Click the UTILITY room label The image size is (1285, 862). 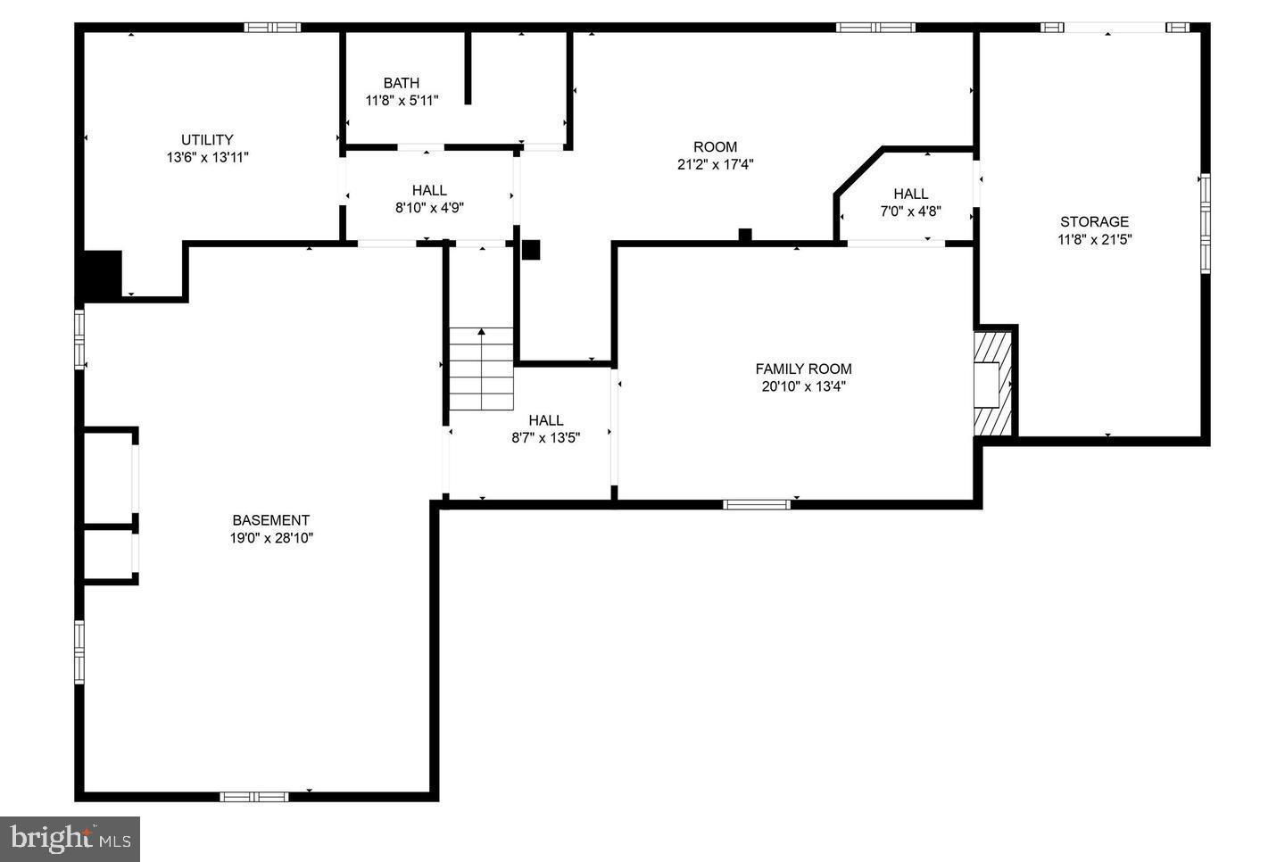tap(207, 139)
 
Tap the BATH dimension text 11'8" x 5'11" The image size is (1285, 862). tap(402, 100)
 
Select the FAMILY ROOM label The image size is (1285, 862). tap(803, 369)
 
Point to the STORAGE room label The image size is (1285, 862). tap(1094, 221)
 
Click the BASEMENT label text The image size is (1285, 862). tap(270, 520)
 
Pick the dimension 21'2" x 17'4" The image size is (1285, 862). tap(715, 164)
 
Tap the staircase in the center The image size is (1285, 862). tap(481, 369)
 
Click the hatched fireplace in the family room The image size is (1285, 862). tap(992, 383)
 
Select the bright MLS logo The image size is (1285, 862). tap(70, 839)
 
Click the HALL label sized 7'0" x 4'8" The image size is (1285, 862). tap(910, 194)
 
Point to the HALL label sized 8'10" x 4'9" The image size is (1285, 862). tap(429, 190)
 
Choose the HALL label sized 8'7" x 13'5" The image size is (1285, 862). tap(545, 420)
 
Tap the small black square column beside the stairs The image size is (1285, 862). tap(531, 250)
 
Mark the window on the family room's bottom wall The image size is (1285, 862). tap(757, 505)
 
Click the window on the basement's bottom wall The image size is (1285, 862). tap(254, 797)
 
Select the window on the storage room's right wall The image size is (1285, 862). tap(1206, 223)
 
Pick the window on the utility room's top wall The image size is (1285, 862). tap(272, 27)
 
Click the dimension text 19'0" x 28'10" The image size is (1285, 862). tap(271, 538)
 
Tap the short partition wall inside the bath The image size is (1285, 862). tap(468, 68)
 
